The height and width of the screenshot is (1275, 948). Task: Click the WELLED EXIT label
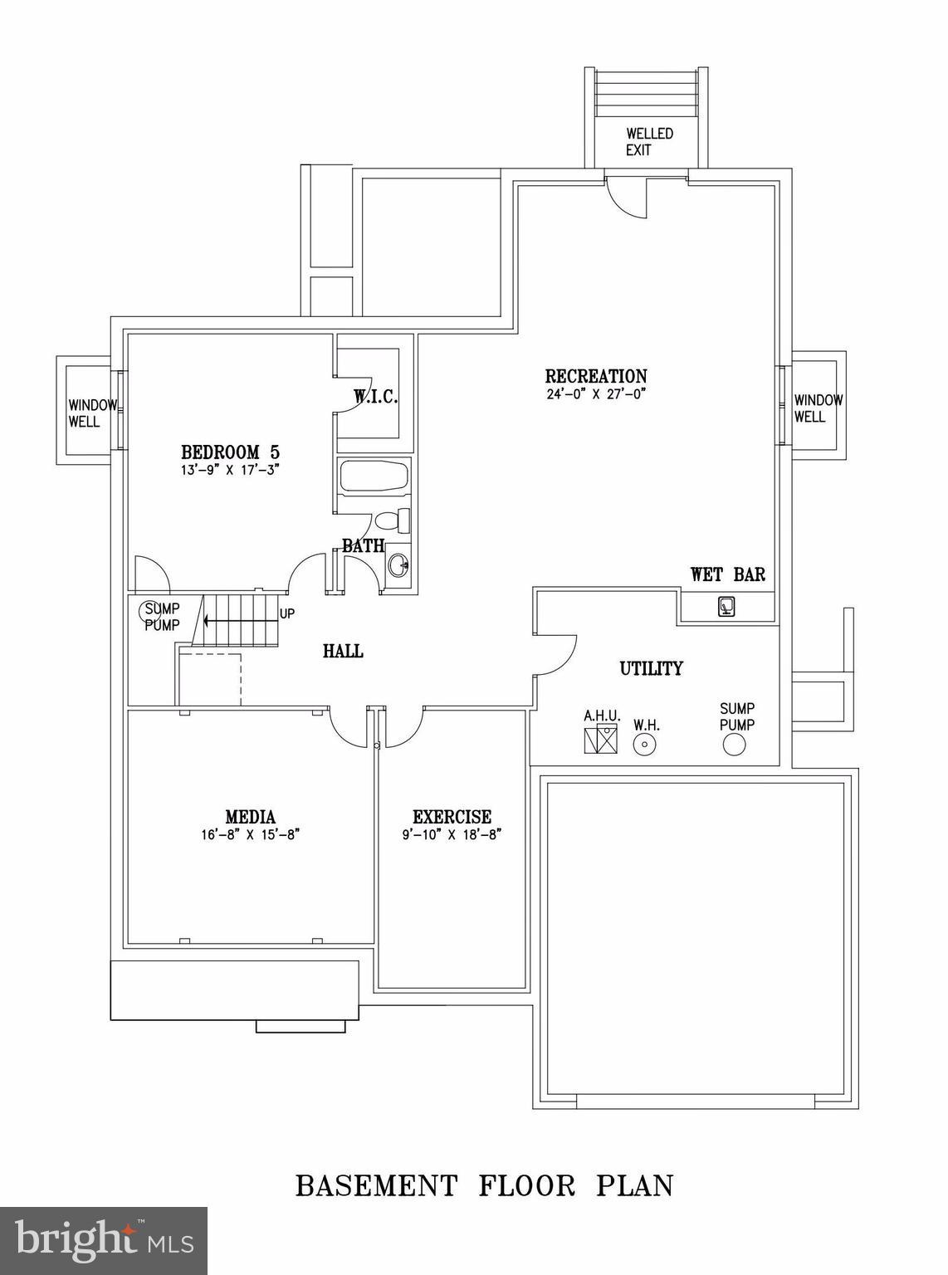pos(649,142)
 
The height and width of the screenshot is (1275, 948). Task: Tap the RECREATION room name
pos(595,376)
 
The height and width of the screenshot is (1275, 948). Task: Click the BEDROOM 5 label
pos(230,452)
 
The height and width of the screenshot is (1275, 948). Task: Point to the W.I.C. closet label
pos(376,397)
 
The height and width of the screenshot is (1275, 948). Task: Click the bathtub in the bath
pos(374,477)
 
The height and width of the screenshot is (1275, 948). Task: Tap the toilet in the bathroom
pos(393,521)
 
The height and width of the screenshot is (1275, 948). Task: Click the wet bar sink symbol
pos(726,607)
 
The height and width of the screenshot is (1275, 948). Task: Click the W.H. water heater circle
pos(645,745)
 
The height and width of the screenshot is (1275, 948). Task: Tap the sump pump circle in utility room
pos(734,745)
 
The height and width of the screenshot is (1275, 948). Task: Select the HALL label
pos(343,652)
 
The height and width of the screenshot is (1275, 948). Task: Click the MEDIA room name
pos(250,817)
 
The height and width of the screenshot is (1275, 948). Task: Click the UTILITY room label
pos(652,668)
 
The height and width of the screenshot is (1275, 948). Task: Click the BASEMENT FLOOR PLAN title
pos(484,1185)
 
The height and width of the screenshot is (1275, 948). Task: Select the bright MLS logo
pos(104,1238)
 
